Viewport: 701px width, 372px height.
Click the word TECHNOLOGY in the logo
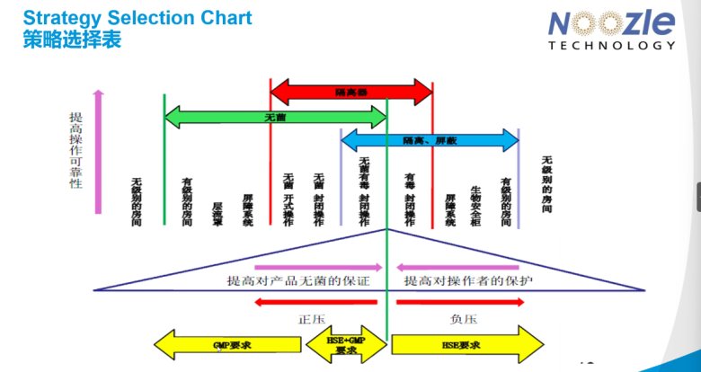[611, 46]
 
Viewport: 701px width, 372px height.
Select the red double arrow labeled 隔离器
[351, 91]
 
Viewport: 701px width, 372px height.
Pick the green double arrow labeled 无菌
[275, 116]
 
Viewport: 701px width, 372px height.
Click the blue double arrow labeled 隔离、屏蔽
[430, 140]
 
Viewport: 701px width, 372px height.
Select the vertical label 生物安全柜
[475, 204]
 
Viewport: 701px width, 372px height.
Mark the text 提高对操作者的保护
[468, 281]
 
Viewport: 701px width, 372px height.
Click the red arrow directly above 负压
[459, 303]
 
